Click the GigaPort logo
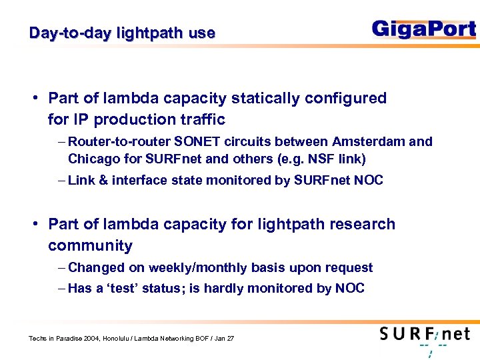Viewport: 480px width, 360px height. coord(423,29)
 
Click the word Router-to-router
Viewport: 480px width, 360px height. coord(119,142)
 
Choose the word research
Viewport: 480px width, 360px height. coord(362,225)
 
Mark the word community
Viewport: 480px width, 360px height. coord(90,246)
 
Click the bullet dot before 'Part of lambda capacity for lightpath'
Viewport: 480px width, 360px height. coord(35,225)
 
